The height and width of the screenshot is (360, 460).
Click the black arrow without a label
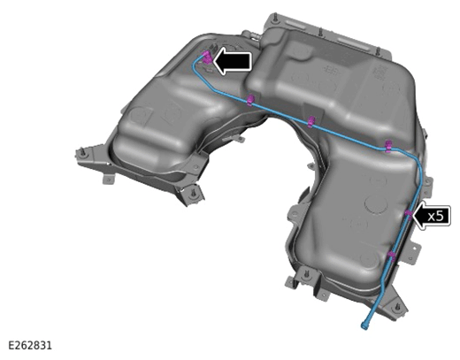coord(232,61)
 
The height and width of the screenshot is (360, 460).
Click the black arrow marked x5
coord(432,217)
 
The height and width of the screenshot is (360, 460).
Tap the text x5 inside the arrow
coord(435,216)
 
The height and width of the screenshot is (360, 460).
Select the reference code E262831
coord(30,345)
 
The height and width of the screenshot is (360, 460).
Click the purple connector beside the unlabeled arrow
coord(207,57)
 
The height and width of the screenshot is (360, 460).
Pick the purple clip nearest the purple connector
coord(250,100)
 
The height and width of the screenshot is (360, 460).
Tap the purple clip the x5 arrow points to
coord(409,214)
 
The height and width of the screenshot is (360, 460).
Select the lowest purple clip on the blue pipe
coord(391,256)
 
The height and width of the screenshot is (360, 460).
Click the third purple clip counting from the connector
coord(389,146)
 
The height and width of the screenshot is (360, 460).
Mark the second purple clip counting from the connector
coord(311,121)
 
